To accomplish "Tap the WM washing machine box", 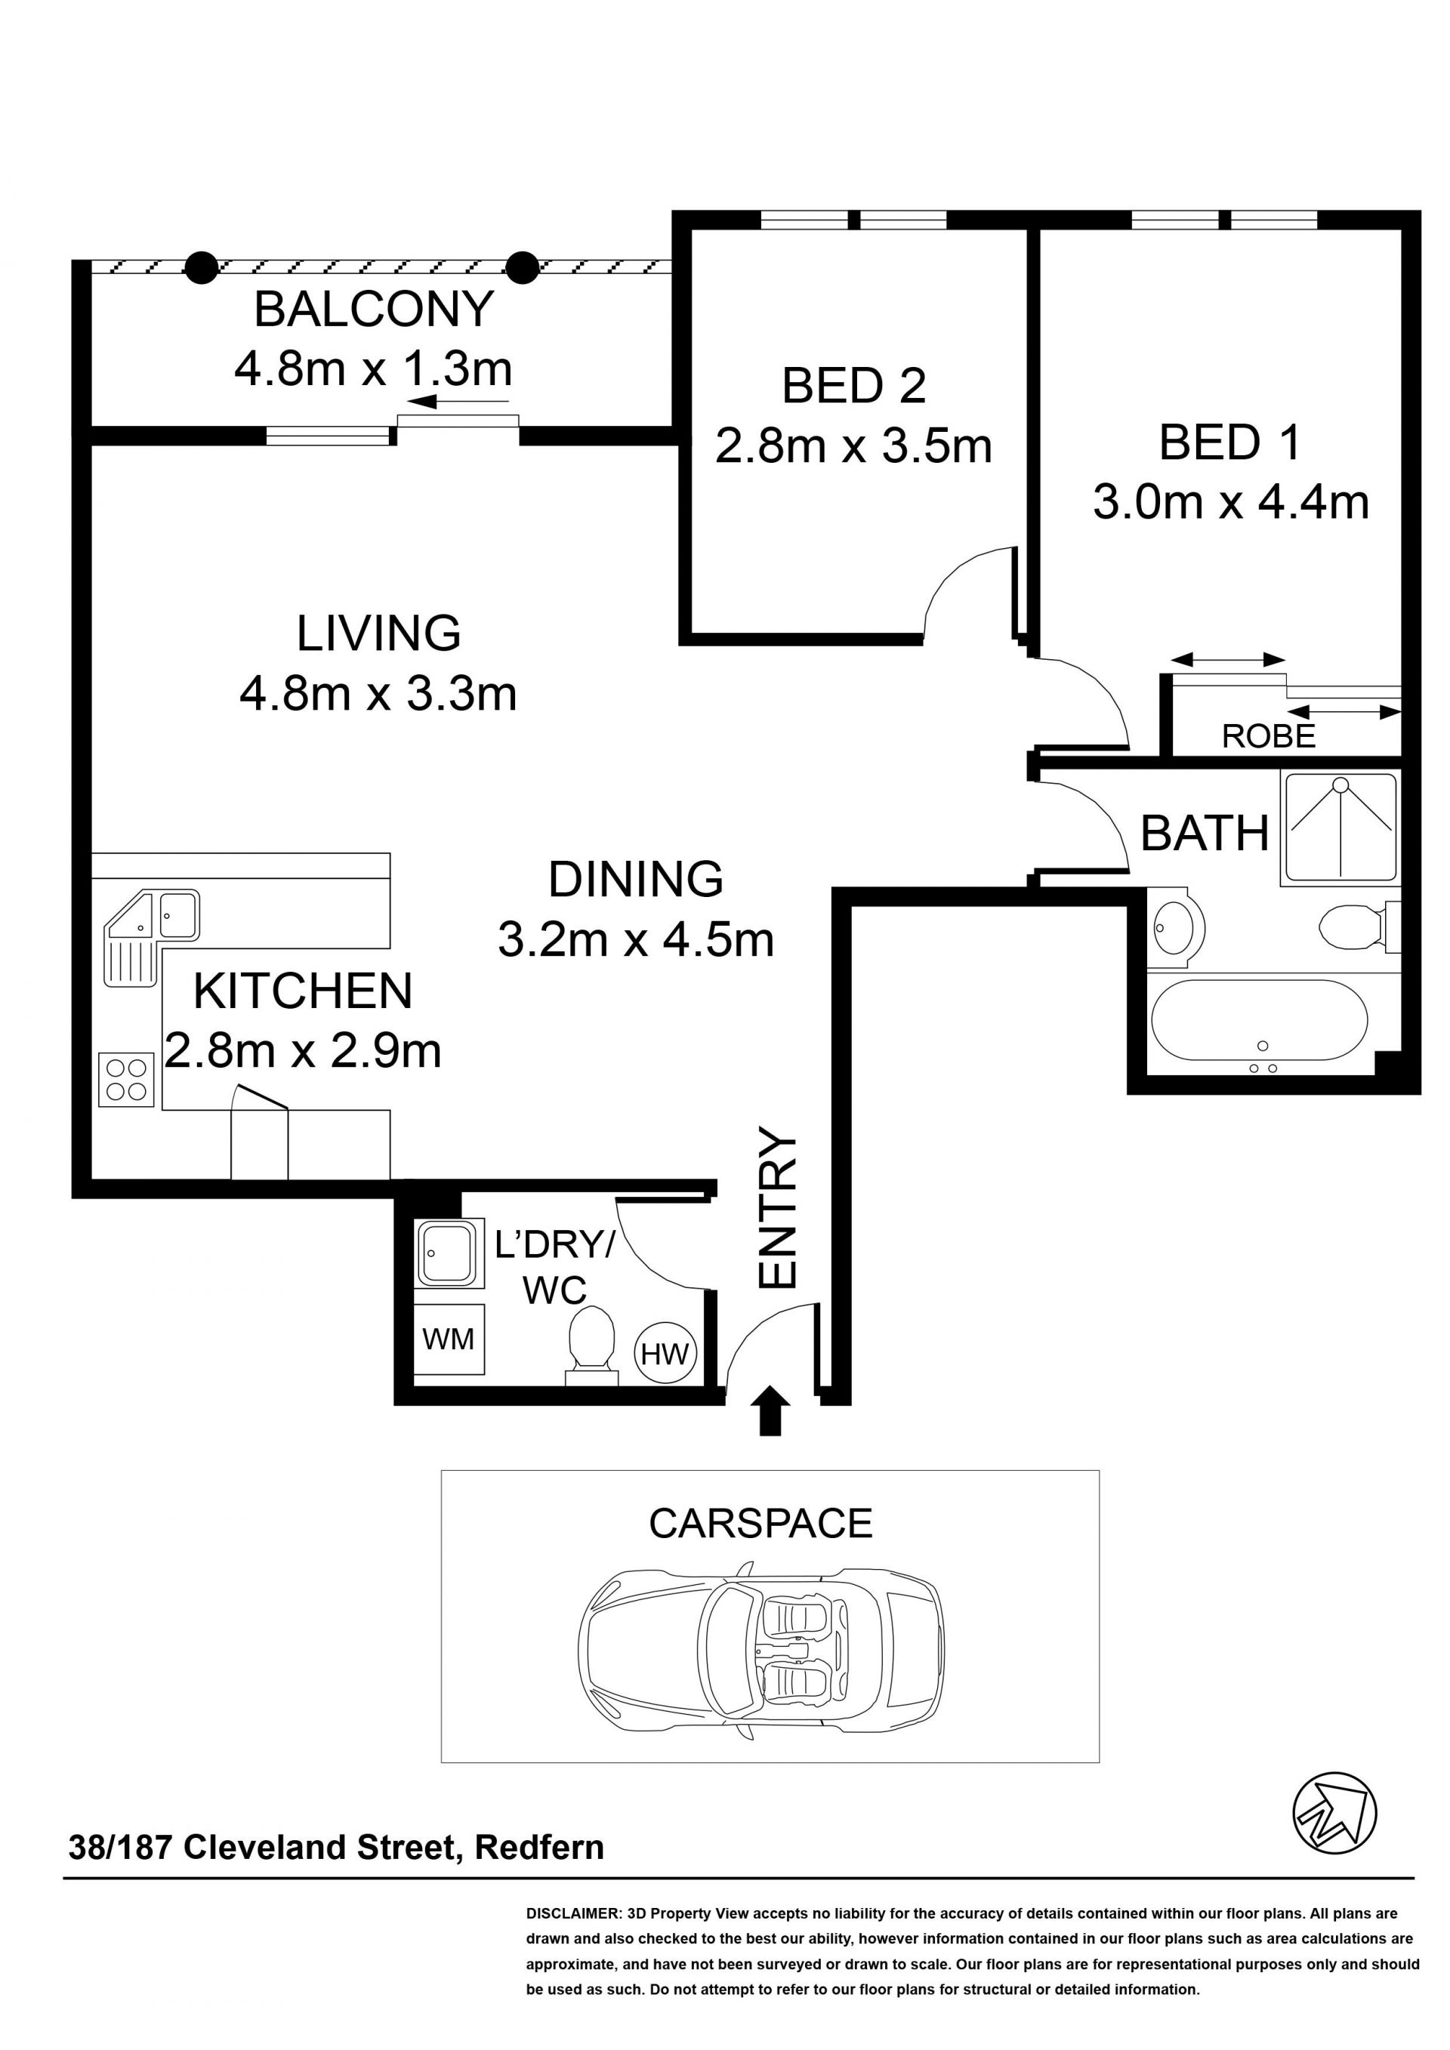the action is pyautogui.click(x=448, y=1339).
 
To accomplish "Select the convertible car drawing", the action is pyautogui.click(x=760, y=1648).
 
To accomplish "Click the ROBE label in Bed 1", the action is pyautogui.click(x=1268, y=737).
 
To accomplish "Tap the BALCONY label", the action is pyautogui.click(x=373, y=310).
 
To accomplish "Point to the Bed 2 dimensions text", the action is pyautogui.click(x=853, y=445).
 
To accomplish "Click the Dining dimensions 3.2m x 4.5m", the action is pyautogui.click(x=636, y=940).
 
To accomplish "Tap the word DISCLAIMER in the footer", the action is pyautogui.click(x=572, y=1913).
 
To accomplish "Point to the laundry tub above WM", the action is pyautogui.click(x=449, y=1253).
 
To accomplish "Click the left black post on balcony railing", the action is pyautogui.click(x=202, y=266).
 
